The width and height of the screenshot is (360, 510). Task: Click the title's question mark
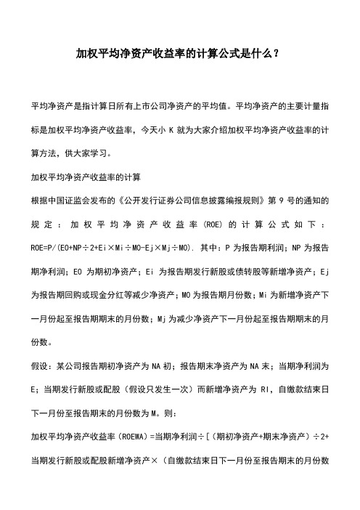pos(278,53)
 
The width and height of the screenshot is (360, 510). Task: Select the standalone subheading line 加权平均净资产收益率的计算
pos(90,158)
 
